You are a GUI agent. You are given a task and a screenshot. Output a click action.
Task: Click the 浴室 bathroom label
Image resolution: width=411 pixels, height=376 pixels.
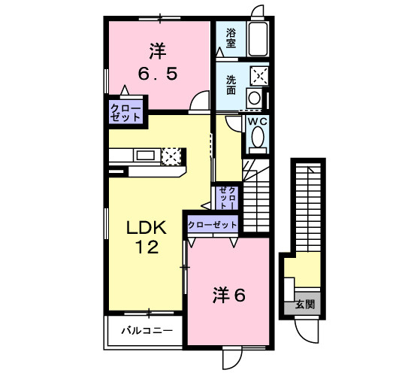click(x=231, y=38)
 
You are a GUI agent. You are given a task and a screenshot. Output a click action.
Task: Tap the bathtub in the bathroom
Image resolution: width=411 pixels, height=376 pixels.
click(x=258, y=39)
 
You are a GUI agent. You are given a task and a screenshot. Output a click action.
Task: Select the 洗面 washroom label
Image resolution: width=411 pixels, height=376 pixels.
click(x=231, y=85)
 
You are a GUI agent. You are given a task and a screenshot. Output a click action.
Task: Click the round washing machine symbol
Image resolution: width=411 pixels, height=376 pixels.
click(x=254, y=98)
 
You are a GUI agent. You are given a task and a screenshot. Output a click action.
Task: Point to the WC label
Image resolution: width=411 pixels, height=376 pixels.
click(x=258, y=122)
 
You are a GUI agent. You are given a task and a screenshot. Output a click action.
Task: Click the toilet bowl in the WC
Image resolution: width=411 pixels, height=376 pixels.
click(x=258, y=137)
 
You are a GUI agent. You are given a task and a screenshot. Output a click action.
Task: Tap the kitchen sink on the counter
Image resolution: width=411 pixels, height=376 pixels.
click(x=146, y=156)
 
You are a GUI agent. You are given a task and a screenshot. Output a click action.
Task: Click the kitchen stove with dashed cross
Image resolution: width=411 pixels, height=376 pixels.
click(x=171, y=156)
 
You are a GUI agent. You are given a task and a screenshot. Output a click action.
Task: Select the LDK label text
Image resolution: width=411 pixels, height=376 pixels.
click(x=147, y=228)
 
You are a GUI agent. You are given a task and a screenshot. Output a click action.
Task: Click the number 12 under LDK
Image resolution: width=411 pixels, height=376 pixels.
click(x=147, y=247)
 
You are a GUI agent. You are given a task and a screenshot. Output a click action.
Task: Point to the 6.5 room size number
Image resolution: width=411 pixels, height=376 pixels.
click(x=158, y=74)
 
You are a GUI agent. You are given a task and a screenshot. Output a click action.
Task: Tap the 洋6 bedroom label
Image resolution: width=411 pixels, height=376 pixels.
click(x=229, y=296)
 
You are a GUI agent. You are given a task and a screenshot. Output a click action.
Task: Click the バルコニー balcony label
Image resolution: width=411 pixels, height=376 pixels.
click(x=147, y=330)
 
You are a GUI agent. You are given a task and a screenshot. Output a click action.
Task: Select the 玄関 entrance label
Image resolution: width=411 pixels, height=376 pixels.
click(x=305, y=305)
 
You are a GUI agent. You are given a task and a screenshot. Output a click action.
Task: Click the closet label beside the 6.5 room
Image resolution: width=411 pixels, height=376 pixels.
click(x=125, y=113)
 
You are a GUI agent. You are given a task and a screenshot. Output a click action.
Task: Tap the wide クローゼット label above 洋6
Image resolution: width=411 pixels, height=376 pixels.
click(x=213, y=225)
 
